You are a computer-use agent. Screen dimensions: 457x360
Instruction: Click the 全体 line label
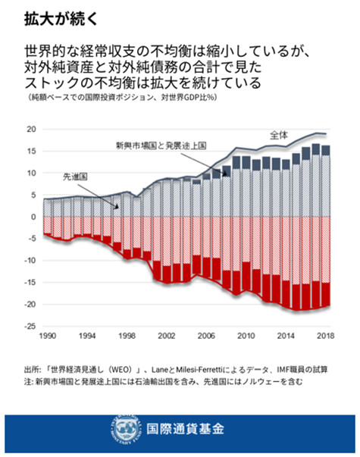coord(279,134)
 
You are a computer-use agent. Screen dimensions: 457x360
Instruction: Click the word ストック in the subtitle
coord(48,83)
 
